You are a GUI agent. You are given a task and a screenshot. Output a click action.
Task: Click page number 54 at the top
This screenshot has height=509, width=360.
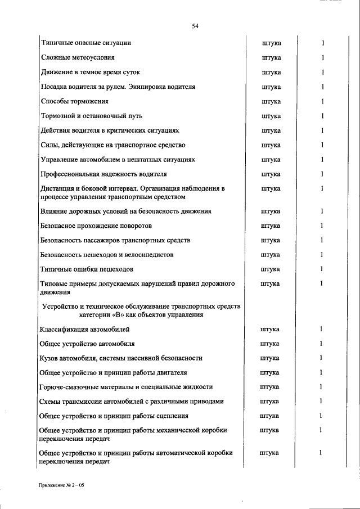pos(196,25)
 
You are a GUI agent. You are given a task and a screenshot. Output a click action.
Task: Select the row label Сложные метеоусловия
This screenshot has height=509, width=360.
pos(78,58)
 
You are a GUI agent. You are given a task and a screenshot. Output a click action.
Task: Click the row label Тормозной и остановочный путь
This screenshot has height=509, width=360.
pos(91,116)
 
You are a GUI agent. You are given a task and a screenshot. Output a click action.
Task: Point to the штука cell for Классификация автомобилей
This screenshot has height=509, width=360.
pos(271,329)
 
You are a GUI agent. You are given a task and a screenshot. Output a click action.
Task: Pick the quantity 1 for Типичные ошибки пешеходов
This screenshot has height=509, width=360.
pos(322,269)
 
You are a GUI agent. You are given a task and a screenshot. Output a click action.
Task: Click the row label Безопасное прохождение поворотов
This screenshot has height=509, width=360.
pos(96,226)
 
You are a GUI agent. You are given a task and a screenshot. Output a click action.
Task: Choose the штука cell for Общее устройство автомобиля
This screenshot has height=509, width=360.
pos(271,343)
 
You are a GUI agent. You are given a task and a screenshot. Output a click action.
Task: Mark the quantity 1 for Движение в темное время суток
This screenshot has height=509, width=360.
pos(322,73)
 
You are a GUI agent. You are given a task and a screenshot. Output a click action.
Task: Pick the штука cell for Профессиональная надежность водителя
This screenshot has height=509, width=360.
pos(271,174)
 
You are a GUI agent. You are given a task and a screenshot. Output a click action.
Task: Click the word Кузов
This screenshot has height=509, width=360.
pos(50,358)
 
